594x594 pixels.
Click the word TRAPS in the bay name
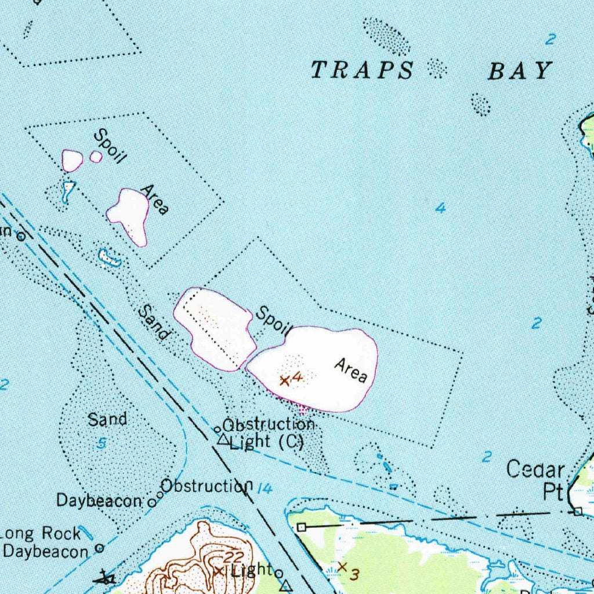click(x=363, y=70)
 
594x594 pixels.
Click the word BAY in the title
click(x=518, y=71)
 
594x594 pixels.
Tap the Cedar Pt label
click(x=536, y=480)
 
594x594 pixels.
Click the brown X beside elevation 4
click(x=284, y=381)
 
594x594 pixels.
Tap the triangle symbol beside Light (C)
click(x=223, y=440)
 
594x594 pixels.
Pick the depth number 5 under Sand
click(x=102, y=444)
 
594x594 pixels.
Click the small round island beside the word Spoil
click(x=96, y=157)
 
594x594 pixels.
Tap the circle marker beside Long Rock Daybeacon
click(x=99, y=548)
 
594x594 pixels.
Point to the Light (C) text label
click(x=267, y=442)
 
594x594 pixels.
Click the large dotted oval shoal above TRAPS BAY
click(x=386, y=35)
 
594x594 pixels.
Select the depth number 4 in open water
click(x=441, y=208)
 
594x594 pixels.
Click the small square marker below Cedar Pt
click(x=577, y=512)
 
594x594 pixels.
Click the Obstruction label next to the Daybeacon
click(x=207, y=486)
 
